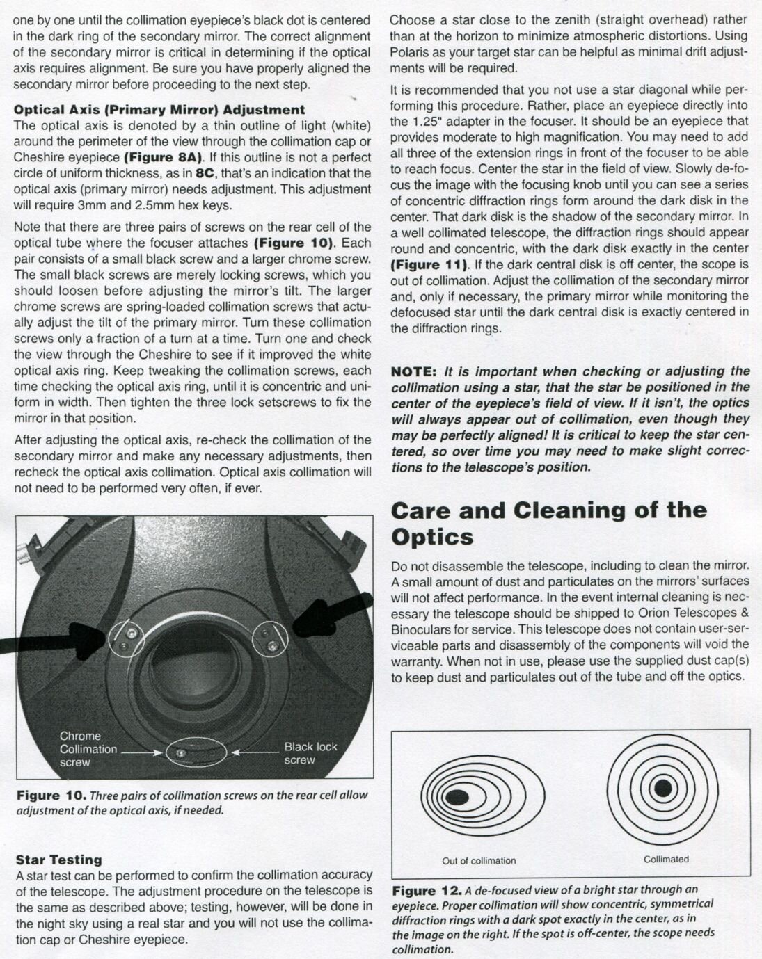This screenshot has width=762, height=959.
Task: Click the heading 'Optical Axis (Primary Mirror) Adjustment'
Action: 159,109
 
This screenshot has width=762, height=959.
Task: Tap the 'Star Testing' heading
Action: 58,860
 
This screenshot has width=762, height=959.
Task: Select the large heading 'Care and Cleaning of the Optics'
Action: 548,523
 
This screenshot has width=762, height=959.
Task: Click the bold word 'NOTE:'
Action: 414,371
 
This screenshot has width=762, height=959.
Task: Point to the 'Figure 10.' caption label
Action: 51,795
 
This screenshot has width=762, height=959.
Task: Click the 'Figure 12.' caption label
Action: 427,891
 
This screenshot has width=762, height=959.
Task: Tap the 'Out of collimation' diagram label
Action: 479,860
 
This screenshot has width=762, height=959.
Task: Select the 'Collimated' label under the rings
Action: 666,859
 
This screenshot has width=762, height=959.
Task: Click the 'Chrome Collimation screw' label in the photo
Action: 88,749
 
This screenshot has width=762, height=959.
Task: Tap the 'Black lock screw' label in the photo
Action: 310,753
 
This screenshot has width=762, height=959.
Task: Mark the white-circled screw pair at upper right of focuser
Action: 269,638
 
